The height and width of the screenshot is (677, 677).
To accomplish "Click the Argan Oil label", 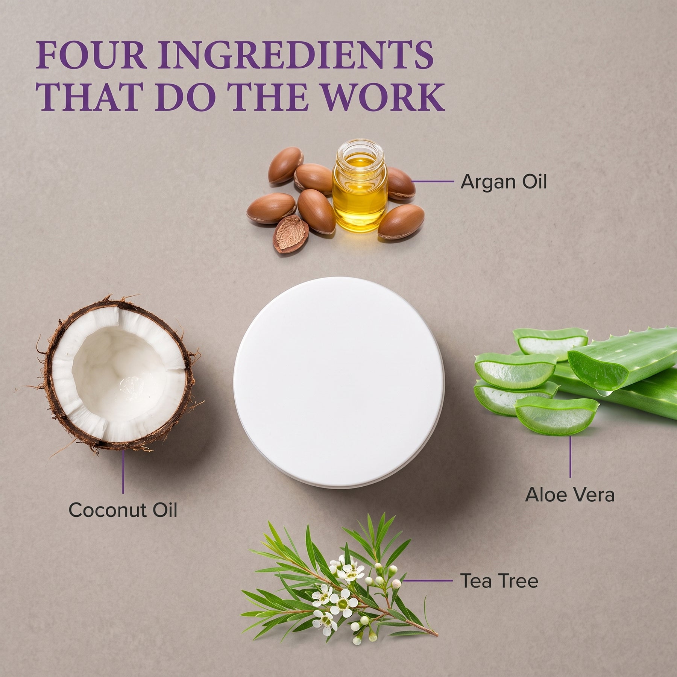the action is [x=503, y=182].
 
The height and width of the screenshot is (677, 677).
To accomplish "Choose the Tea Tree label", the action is [x=499, y=581].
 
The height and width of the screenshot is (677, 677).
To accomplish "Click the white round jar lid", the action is [x=339, y=382].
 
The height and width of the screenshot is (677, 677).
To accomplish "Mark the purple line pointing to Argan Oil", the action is [x=433, y=181].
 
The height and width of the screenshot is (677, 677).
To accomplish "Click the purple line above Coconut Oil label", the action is [x=123, y=472].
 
